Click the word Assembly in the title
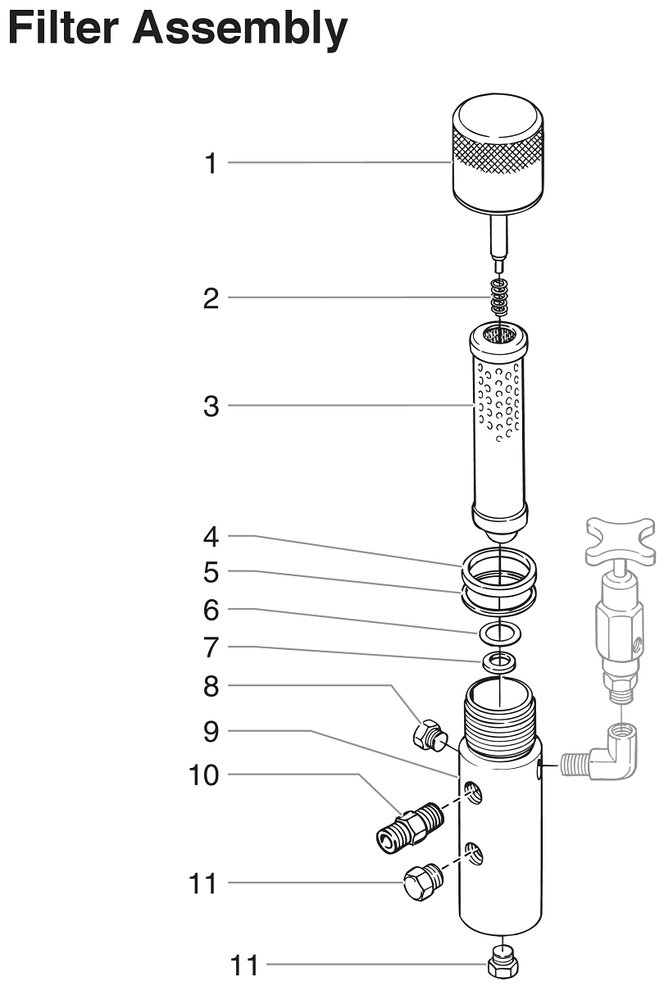239,28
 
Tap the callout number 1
211,163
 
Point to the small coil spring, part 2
499,297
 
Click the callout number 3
211,406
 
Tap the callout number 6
211,610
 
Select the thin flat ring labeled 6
499,633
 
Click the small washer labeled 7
498,661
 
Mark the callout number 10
203,775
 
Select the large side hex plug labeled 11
424,882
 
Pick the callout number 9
211,731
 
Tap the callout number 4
211,537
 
